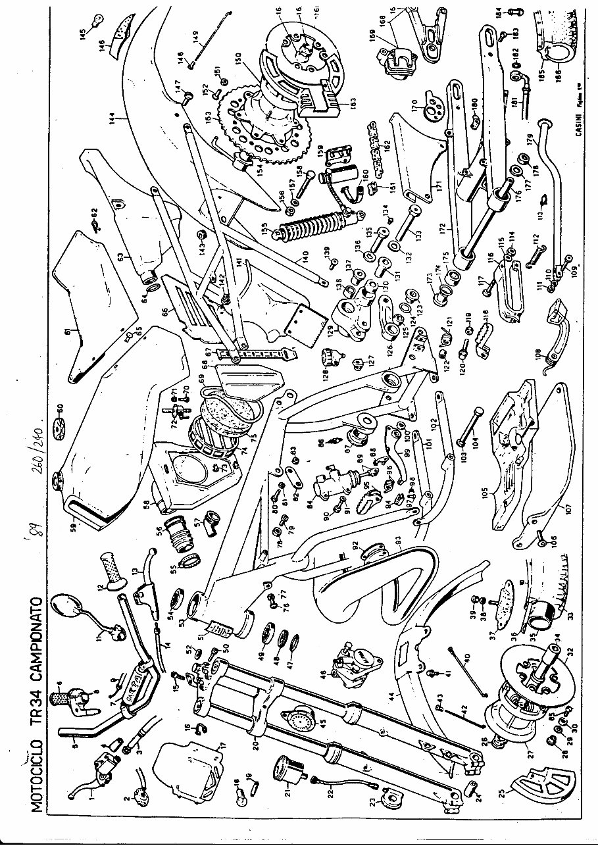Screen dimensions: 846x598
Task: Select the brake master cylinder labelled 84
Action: coord(326,485)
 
